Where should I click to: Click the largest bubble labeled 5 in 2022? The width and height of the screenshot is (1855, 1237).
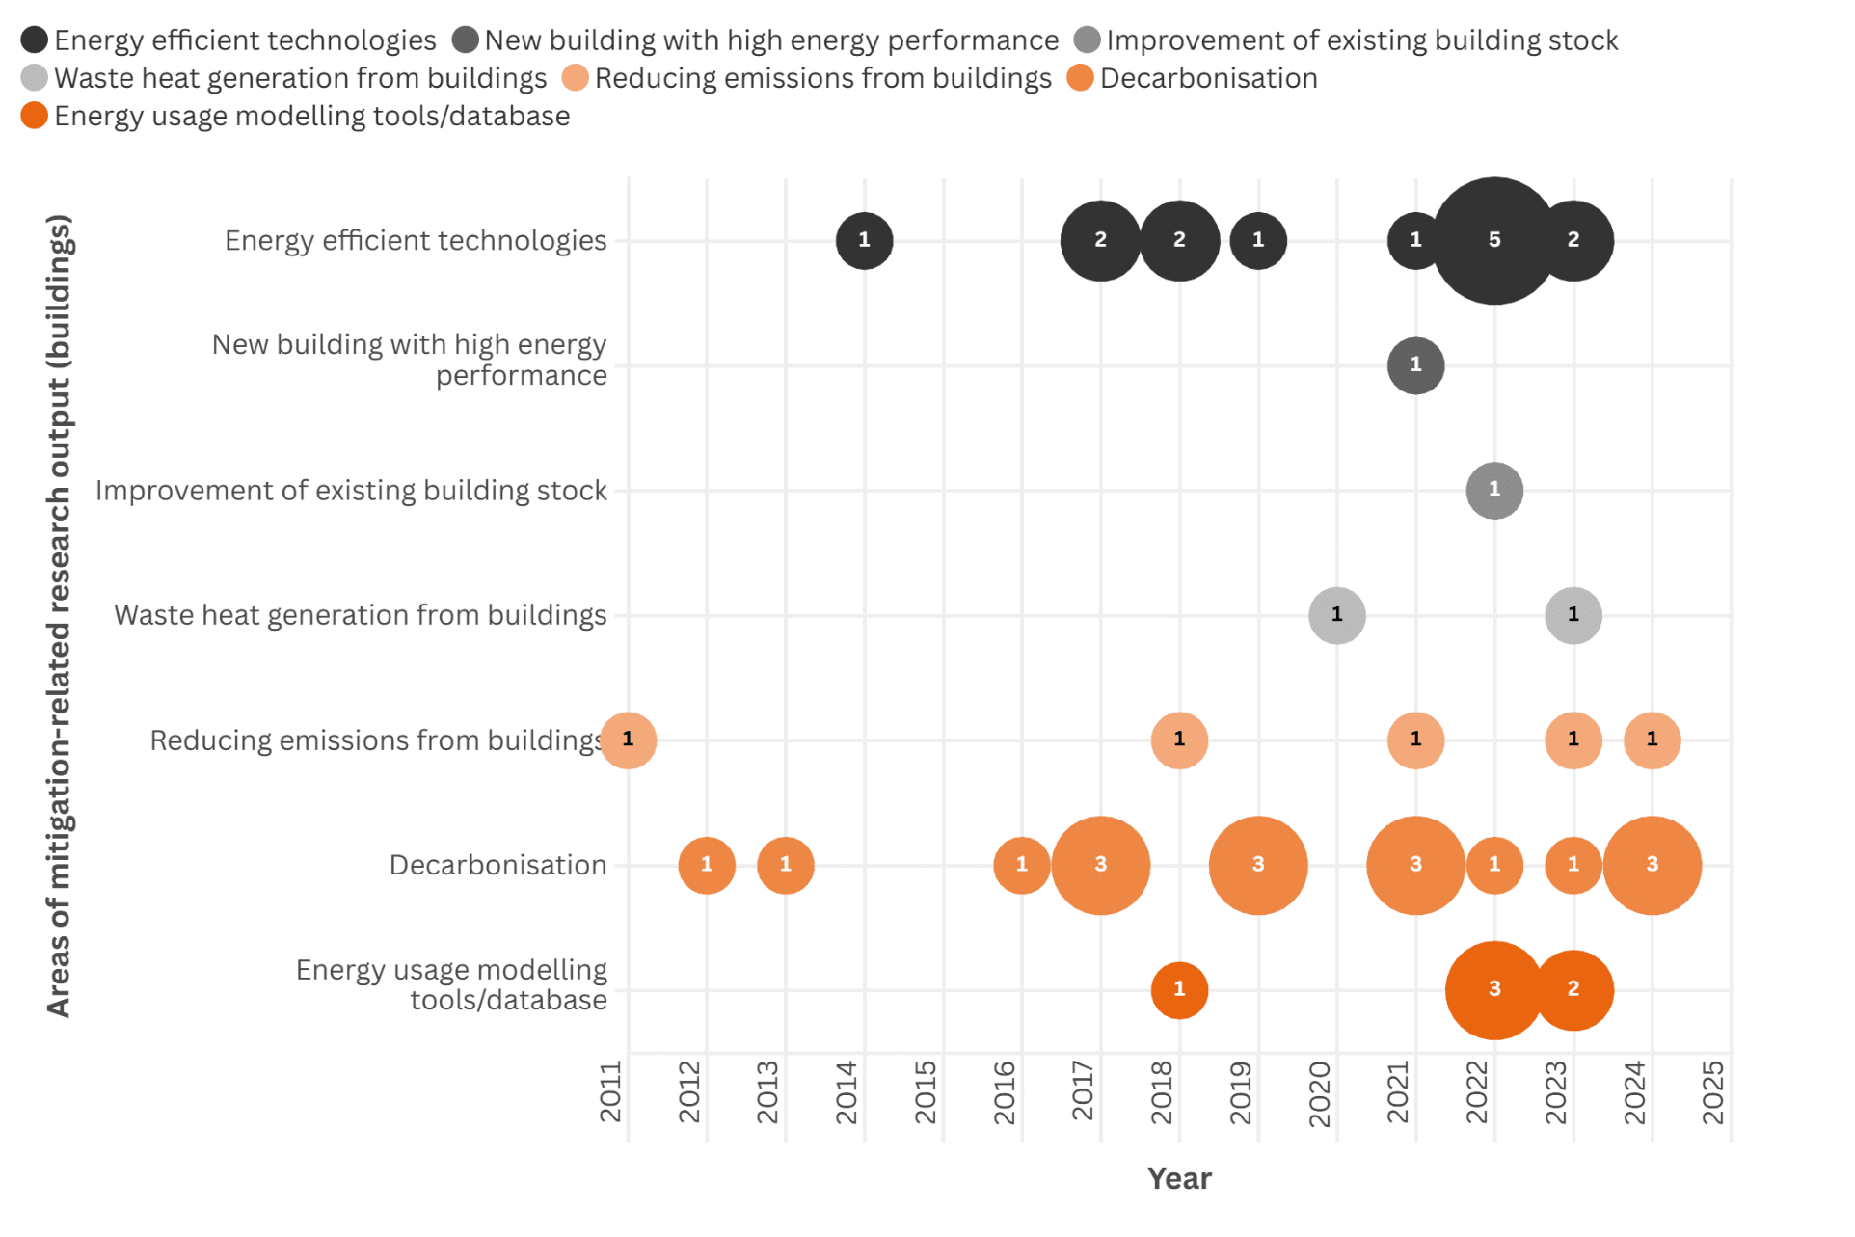coord(1493,240)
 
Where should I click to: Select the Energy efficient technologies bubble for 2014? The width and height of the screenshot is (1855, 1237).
coord(864,240)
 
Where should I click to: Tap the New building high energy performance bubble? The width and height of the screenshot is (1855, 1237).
coord(1415,365)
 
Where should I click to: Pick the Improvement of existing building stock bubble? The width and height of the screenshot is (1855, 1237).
coord(1493,490)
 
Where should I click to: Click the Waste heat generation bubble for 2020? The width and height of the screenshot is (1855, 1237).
coord(1336,615)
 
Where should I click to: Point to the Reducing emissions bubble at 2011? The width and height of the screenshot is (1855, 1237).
coord(628,740)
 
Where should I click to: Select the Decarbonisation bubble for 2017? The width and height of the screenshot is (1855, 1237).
coord(1100,865)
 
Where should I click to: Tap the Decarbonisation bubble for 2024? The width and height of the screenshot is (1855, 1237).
coord(1652,865)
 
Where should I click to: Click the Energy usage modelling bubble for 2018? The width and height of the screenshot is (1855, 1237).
coord(1179,989)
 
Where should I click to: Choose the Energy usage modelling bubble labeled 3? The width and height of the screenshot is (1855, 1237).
coord(1493,989)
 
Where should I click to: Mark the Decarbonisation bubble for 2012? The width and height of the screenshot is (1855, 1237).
coord(707,865)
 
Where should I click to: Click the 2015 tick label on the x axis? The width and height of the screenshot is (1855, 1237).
coord(926,1092)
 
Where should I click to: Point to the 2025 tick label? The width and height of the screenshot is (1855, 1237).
coord(1713,1092)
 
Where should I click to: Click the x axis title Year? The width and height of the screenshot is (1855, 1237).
coord(1178,1178)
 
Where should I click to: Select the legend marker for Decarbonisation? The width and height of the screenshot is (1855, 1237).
coord(1080,78)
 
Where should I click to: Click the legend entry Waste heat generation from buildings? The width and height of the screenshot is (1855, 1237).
coord(300,78)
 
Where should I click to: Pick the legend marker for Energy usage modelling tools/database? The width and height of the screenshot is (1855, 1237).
coord(34,116)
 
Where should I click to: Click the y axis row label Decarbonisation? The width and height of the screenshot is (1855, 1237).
coord(497,865)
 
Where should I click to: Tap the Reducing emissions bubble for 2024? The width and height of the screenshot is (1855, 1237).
coord(1652,740)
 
